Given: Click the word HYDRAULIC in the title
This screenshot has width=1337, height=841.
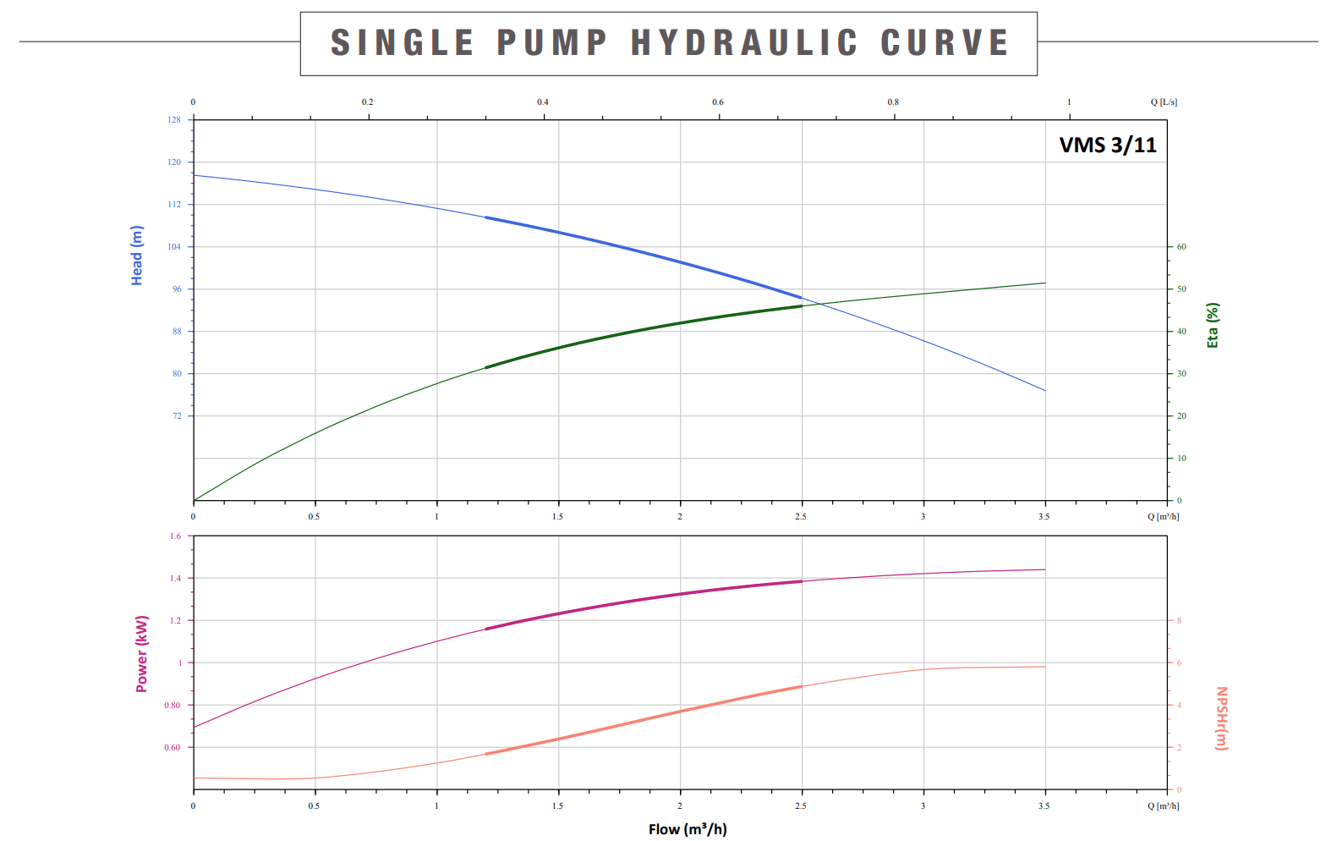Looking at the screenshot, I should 744,43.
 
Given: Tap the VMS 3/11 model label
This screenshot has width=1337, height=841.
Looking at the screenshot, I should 1108,146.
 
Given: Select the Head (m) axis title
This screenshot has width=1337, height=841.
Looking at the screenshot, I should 137,256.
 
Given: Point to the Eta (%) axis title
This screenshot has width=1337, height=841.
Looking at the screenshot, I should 1213,326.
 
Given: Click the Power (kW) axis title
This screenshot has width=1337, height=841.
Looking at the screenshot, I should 142,654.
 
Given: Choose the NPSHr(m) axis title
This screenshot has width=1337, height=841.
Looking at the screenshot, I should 1221,718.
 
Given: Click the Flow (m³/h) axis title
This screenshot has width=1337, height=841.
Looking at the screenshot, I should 688,829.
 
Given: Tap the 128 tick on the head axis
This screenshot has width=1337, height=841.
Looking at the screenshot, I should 174,120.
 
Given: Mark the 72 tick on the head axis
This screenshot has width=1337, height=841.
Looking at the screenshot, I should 177,416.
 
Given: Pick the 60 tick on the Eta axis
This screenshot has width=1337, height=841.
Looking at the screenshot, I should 1181,247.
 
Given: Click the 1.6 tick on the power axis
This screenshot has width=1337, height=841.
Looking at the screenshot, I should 175,536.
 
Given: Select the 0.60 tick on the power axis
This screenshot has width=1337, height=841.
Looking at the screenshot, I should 173,748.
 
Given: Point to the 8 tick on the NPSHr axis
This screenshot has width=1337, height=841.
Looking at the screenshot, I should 1179,621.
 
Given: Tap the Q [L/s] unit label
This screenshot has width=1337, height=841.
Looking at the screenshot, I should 1164,102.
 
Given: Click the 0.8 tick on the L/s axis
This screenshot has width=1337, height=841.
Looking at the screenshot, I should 893,102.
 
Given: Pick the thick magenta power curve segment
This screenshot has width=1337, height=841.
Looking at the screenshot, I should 643,600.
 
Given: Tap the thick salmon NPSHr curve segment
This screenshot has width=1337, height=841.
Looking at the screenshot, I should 643,720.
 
